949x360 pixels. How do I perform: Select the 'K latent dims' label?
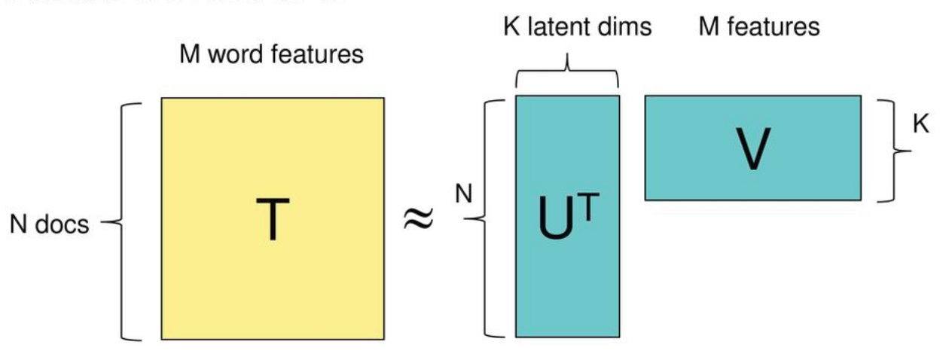pos(576,29)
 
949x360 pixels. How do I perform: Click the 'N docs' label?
pos(48,224)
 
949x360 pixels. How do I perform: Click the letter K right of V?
pos(920,124)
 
